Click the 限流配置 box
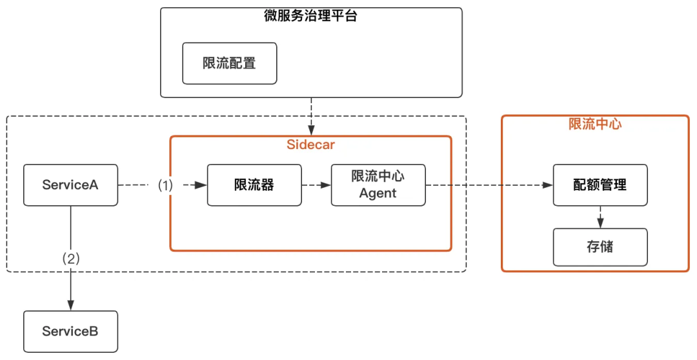click(229, 63)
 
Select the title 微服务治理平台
click(311, 16)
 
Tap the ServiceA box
click(70, 185)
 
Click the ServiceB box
click(70, 332)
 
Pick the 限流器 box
click(254, 185)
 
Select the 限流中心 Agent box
click(378, 185)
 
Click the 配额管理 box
click(600, 185)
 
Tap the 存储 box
click(600, 247)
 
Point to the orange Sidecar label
click(310, 145)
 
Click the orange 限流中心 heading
click(594, 125)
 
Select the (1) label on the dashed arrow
click(166, 185)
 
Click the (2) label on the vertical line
click(70, 259)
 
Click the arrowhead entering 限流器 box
click(202, 185)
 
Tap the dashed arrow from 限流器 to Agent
click(316, 185)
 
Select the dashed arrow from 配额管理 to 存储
click(600, 217)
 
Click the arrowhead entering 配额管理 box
click(548, 185)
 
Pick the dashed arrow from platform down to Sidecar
click(311, 116)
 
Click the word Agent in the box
click(378, 193)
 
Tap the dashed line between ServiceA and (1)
click(137, 185)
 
